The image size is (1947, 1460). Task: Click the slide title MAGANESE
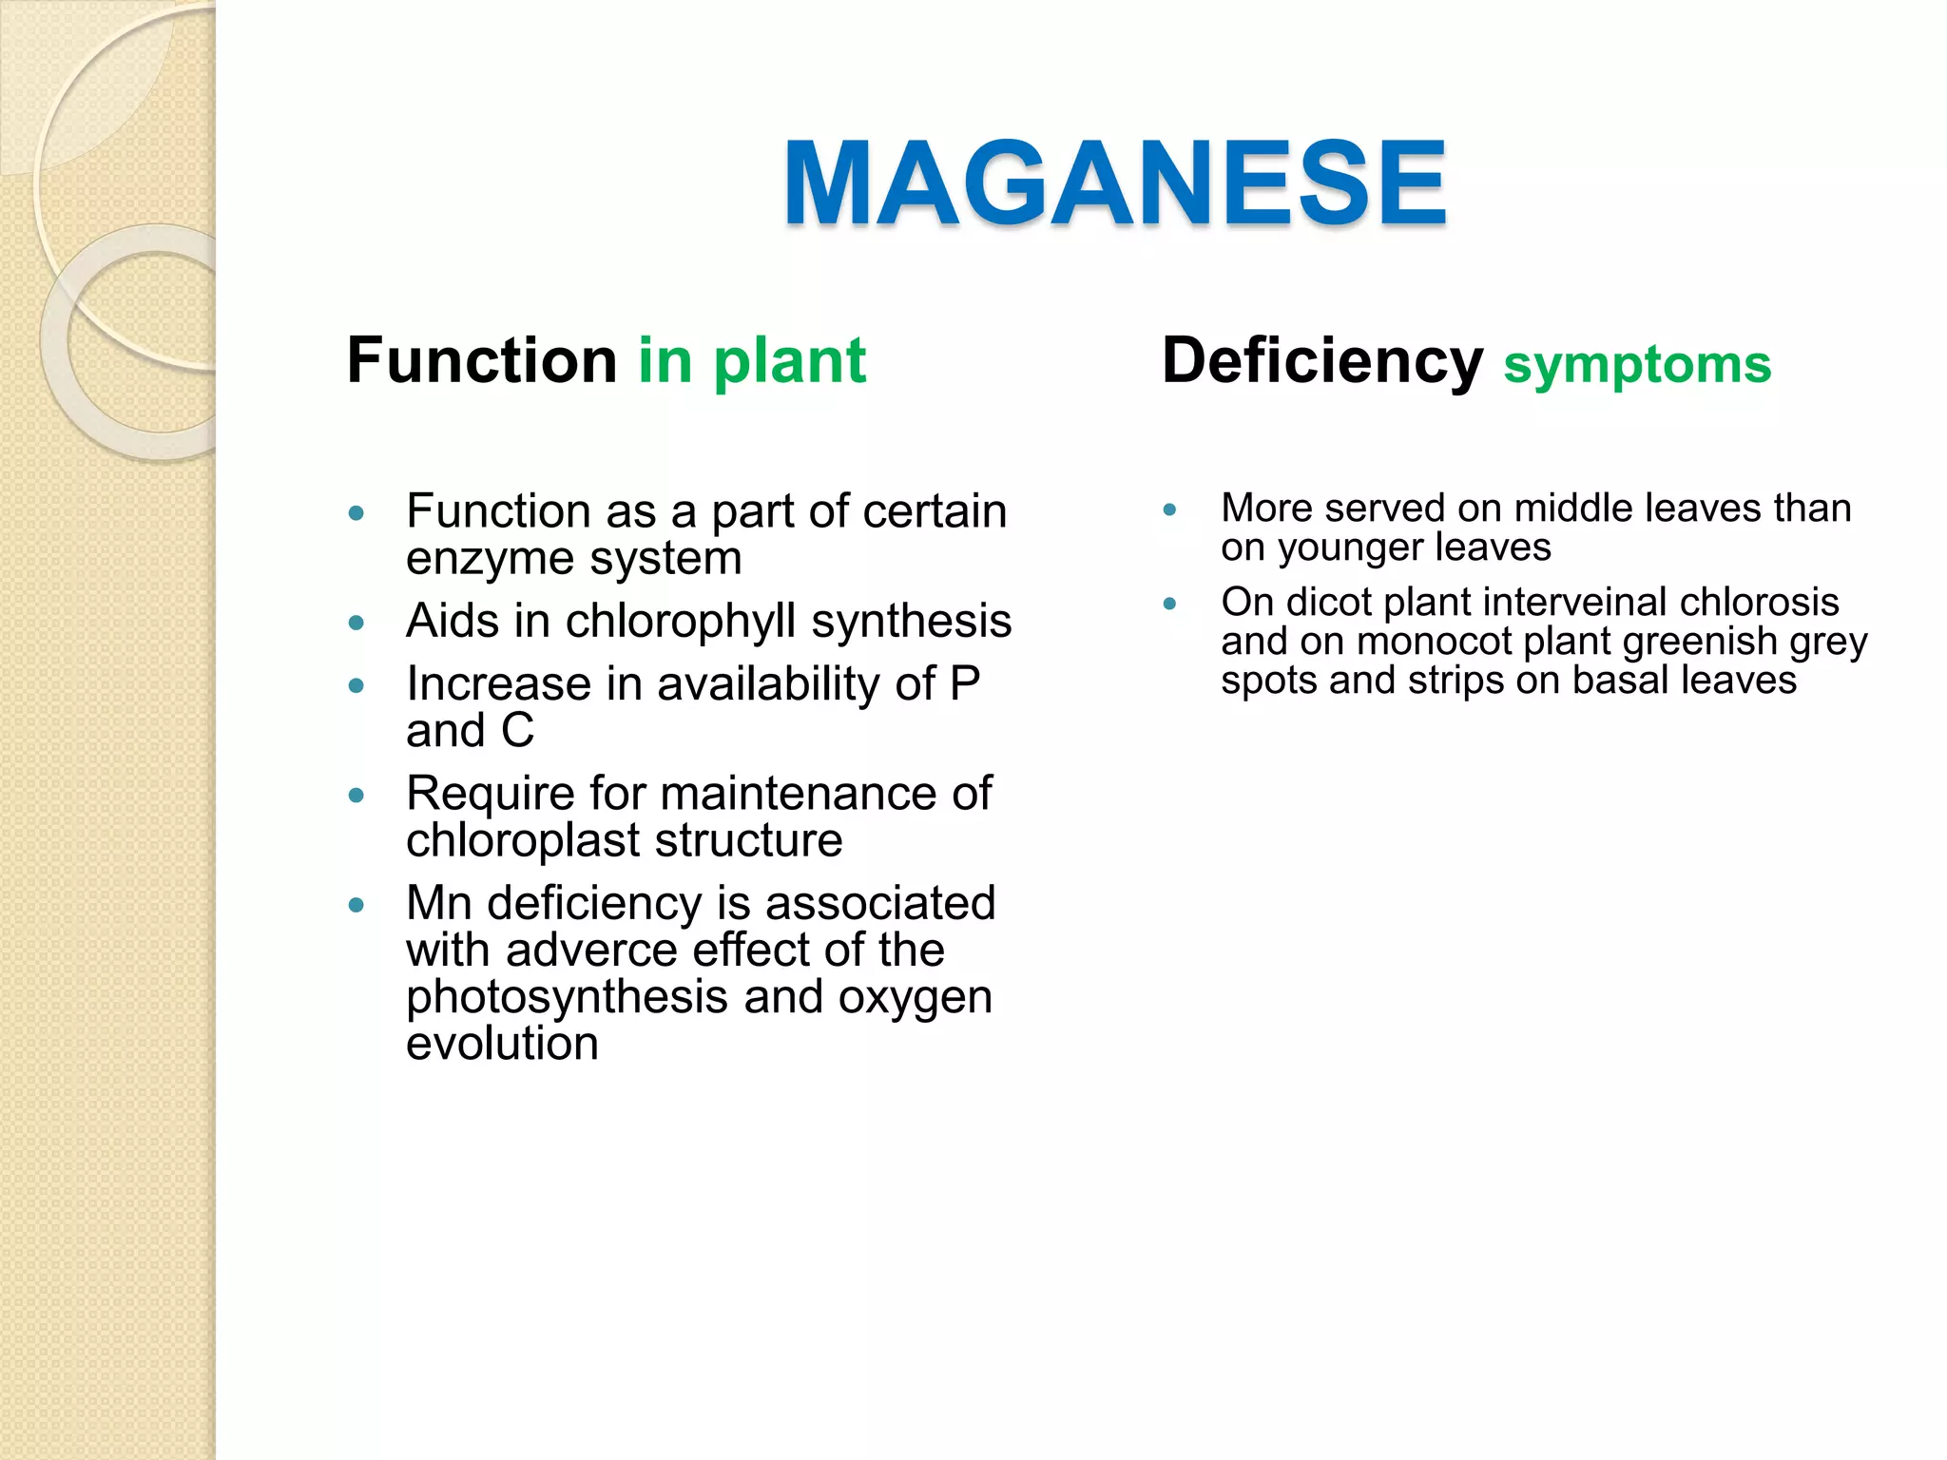(1114, 183)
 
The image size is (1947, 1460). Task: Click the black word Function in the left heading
(482, 361)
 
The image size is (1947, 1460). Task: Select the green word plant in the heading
(789, 361)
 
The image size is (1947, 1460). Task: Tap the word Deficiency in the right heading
(1321, 361)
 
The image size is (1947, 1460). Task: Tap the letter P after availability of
(965, 683)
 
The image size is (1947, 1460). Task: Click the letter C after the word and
(517, 731)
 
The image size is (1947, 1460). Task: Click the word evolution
(502, 1044)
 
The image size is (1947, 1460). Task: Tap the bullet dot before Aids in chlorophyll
(357, 624)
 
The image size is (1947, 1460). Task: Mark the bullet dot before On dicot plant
(1169, 604)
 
